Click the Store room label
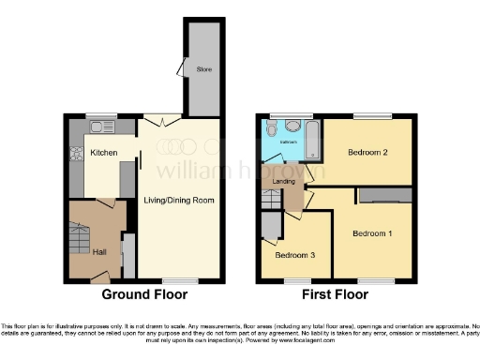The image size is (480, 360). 203,68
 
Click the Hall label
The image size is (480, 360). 98,250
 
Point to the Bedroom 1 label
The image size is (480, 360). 372,232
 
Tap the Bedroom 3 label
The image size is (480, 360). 293,253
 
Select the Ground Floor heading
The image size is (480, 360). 145,294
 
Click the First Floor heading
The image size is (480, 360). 334,294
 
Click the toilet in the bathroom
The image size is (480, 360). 292,128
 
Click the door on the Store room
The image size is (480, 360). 181,68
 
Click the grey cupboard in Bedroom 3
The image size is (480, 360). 269,225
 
